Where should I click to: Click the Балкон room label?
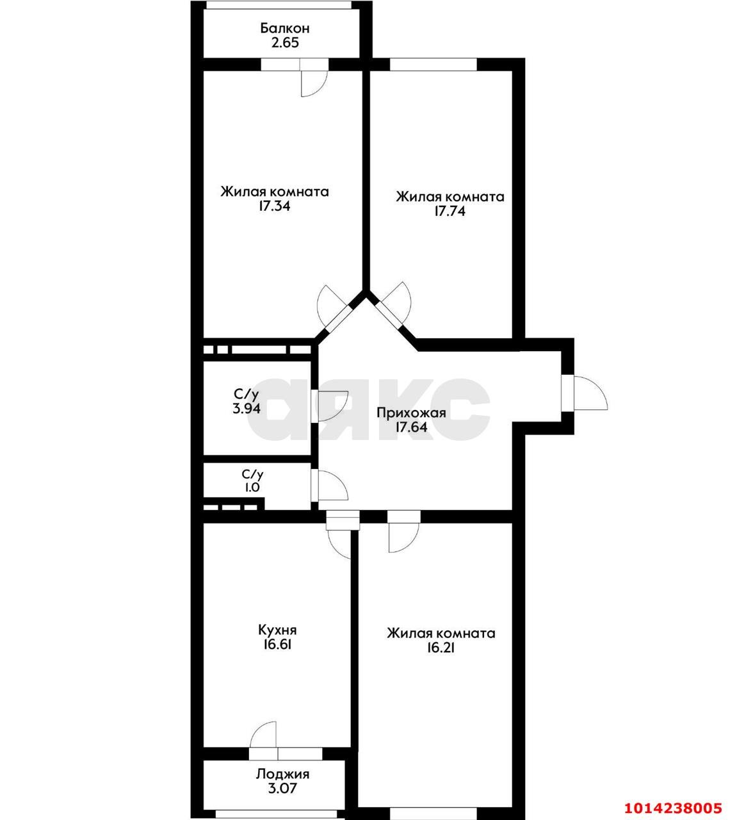[x=285, y=28]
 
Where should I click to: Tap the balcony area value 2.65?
[x=285, y=43]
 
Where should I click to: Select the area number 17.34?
[x=275, y=207]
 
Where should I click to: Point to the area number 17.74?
[x=449, y=211]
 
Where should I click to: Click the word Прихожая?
[x=411, y=413]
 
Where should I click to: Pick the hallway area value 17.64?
[x=411, y=427]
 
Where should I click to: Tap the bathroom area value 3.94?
[x=247, y=408]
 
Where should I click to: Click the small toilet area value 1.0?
[x=251, y=488]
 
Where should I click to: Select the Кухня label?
[x=277, y=630]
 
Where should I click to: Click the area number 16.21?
[x=441, y=648]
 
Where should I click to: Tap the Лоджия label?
[x=282, y=774]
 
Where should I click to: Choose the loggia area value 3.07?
[x=282, y=789]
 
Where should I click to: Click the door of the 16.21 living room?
[x=403, y=534]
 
